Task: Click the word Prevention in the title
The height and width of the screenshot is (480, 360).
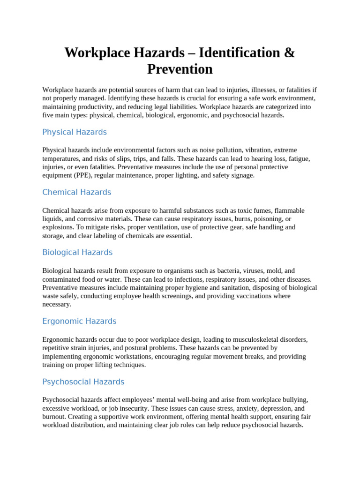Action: [180, 69]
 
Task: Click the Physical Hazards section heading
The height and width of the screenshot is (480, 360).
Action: [75, 132]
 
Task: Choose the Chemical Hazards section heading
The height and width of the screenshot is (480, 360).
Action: [77, 192]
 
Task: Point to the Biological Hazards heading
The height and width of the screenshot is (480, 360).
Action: [77, 252]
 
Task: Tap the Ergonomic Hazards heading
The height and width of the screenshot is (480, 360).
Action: [79, 321]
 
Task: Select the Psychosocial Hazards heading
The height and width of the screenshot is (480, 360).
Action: [83, 382]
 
